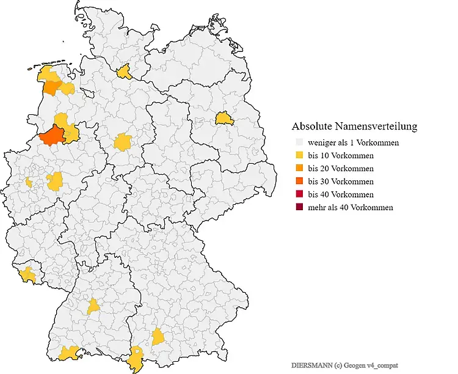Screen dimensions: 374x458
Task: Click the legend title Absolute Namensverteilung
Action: [x=354, y=127]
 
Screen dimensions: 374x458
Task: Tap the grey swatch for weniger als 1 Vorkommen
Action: [x=298, y=142]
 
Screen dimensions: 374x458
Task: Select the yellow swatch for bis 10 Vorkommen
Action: [x=298, y=155]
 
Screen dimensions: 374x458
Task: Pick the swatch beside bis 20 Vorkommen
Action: [x=298, y=168]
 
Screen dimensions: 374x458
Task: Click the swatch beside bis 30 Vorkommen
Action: [x=298, y=182]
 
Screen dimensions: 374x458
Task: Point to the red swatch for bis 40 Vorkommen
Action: [x=298, y=194]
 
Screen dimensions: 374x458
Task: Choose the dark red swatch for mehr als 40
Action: [x=298, y=207]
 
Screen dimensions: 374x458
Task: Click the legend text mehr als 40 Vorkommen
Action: [x=351, y=207]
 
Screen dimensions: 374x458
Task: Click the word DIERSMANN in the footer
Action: [x=310, y=364]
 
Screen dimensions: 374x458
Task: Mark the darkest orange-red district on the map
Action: [x=53, y=136]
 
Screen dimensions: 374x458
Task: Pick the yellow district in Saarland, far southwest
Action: [x=27, y=275]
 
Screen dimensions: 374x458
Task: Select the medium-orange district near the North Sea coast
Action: [x=51, y=87]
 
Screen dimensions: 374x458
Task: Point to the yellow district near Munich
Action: [x=158, y=336]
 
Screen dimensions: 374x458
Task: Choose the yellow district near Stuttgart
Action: [x=93, y=306]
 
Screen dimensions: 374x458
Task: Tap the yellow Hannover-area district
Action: [x=123, y=142]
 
